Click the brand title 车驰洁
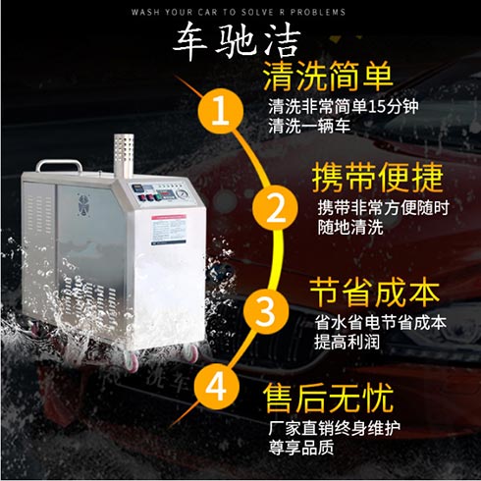[x=240, y=41]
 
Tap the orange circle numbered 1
[x=222, y=109]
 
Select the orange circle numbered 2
[x=276, y=207]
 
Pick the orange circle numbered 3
[x=265, y=311]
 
